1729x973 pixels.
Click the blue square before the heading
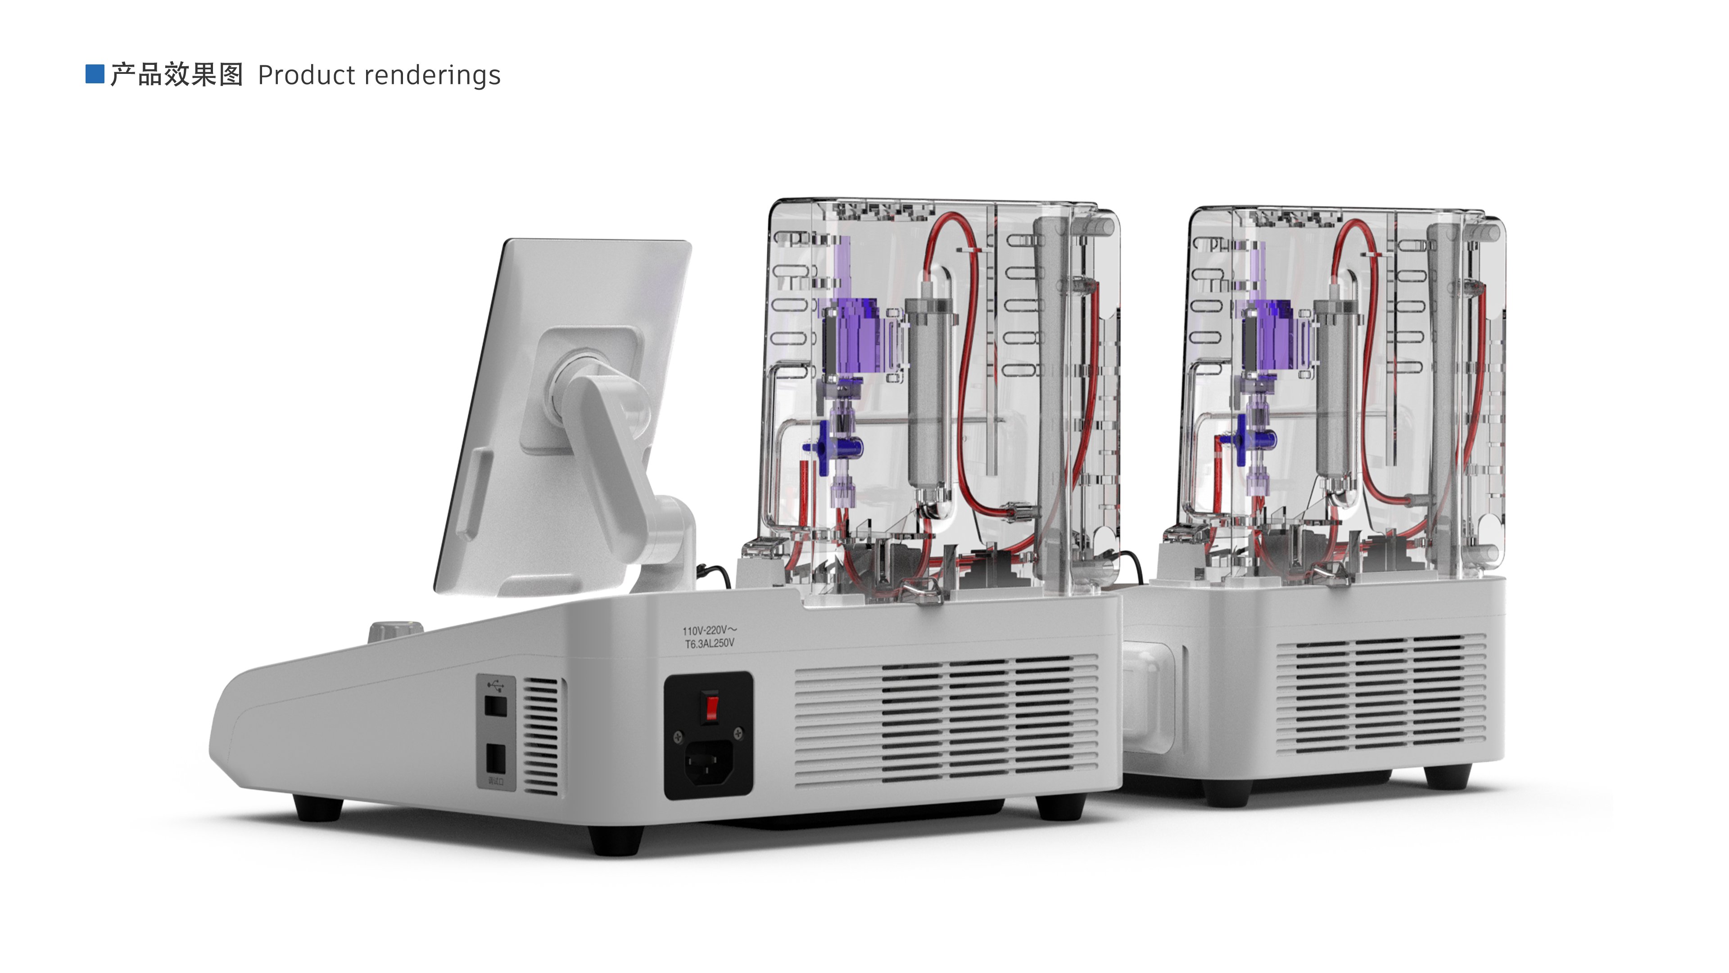(x=95, y=74)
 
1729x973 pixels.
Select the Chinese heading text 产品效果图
(x=177, y=74)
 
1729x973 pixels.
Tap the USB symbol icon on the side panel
(x=496, y=686)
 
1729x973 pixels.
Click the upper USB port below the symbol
(x=495, y=706)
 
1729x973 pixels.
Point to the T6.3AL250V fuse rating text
(x=710, y=643)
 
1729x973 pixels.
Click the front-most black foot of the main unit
(x=616, y=840)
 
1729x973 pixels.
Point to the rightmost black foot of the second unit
(x=1447, y=776)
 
